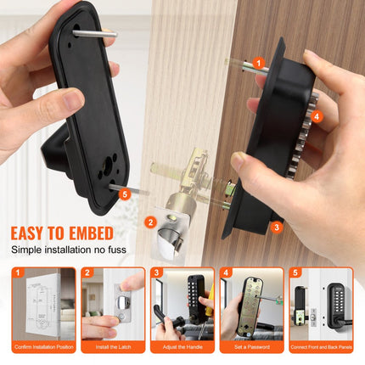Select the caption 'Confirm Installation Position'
[42, 348]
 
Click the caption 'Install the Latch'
[113, 348]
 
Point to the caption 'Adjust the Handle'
[182, 348]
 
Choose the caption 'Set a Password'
[251, 348]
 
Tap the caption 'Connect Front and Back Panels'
[321, 348]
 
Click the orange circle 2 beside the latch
[150, 222]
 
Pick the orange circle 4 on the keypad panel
[316, 115]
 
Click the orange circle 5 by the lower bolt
[126, 194]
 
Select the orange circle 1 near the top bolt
[258, 63]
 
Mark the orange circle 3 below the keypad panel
[277, 227]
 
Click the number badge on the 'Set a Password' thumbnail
[227, 273]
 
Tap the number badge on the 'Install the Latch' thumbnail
[87, 273]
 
